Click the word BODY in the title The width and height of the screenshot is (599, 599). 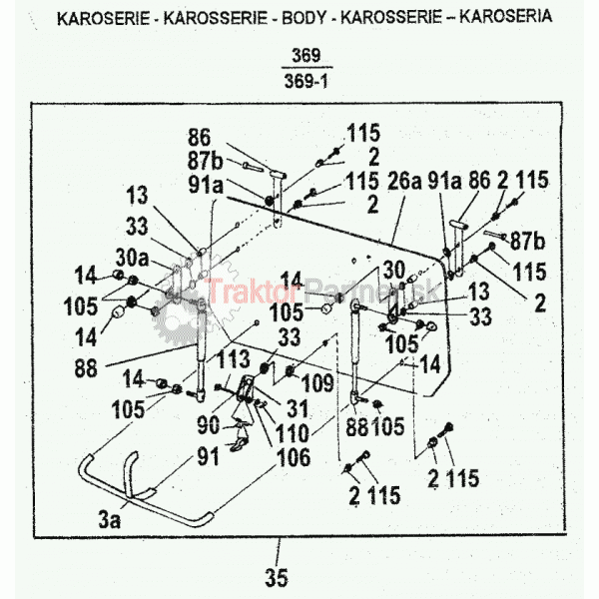[304, 18]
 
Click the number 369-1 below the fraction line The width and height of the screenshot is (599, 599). [306, 81]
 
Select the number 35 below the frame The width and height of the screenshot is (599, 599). [277, 578]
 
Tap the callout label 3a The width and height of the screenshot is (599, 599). [110, 519]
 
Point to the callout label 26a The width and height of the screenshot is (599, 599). [404, 181]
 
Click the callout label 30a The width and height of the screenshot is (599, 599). [132, 258]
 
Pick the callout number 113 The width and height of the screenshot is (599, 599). [234, 359]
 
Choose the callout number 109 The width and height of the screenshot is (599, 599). [317, 382]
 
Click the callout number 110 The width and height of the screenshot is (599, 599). [292, 433]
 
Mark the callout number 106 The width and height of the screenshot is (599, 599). [294, 457]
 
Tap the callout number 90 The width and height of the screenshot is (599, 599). [209, 425]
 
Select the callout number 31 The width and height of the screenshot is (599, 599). [298, 408]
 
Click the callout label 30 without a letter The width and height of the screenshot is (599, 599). [394, 271]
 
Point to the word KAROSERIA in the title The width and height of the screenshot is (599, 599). [505, 16]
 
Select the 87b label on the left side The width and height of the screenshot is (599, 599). [205, 161]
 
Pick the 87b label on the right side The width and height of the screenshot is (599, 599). [527, 241]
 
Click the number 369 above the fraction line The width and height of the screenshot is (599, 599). [306, 56]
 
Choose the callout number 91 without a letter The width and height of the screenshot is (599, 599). [209, 456]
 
